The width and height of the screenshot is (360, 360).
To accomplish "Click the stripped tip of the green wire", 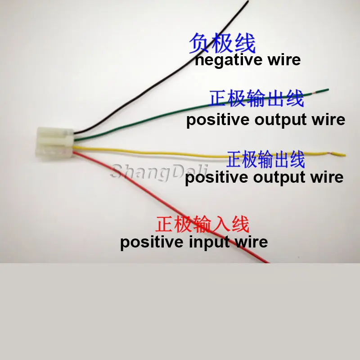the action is [324, 90].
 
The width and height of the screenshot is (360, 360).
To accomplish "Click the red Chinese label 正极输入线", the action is [202, 224].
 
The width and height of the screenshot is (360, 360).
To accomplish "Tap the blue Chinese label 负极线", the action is [222, 44].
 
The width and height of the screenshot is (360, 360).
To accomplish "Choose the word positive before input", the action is [150, 243].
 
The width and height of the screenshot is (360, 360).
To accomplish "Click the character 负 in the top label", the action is [200, 44].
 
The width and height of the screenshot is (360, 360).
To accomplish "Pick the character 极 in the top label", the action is [222, 44].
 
